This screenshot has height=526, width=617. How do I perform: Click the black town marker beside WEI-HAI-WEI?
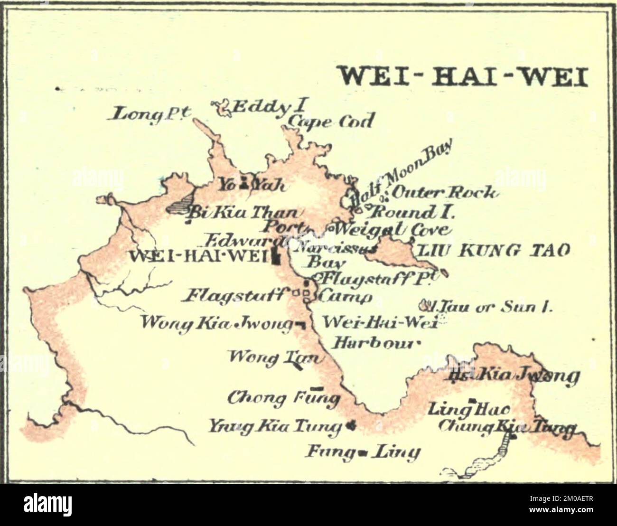[276, 257]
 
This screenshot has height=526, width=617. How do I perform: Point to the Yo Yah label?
[251, 184]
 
